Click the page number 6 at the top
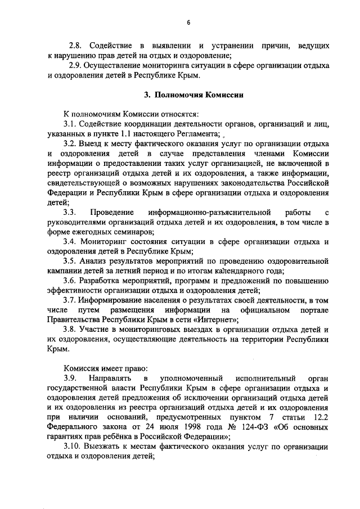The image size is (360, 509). [189, 22]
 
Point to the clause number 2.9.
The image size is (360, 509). [75, 65]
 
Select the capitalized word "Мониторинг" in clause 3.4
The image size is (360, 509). [102, 242]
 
